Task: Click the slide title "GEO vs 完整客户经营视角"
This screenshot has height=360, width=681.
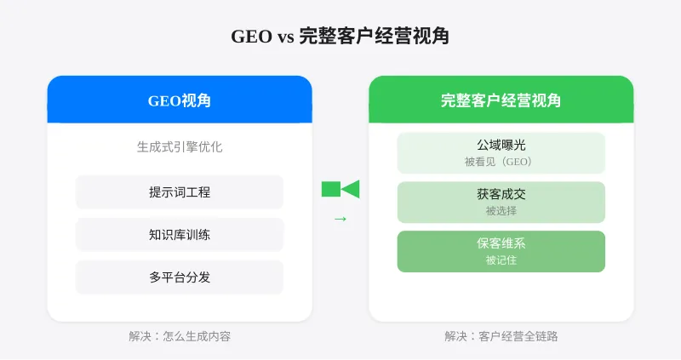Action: pyautogui.click(x=340, y=37)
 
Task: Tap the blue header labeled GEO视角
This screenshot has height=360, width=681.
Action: pyautogui.click(x=180, y=100)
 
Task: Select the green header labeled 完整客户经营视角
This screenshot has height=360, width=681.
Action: pyautogui.click(x=501, y=100)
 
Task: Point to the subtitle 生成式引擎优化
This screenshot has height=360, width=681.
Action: pyautogui.click(x=180, y=146)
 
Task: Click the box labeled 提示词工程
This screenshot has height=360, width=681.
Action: pyautogui.click(x=180, y=192)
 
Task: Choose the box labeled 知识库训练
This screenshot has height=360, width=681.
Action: pyautogui.click(x=180, y=235)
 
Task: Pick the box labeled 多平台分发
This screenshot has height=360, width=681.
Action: pyautogui.click(x=180, y=277)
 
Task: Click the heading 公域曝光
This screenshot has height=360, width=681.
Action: pyautogui.click(x=501, y=146)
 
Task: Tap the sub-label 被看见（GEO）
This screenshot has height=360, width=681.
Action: pyautogui.click(x=501, y=162)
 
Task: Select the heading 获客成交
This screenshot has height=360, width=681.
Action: pyautogui.click(x=501, y=195)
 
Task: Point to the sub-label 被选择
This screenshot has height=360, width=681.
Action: pyautogui.click(x=501, y=211)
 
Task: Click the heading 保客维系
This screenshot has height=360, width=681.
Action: pyautogui.click(x=501, y=243)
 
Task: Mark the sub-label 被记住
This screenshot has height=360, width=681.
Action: pyautogui.click(x=501, y=260)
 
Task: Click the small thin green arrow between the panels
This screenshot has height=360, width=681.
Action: pyautogui.click(x=340, y=220)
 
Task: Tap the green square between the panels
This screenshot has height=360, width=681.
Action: pyautogui.click(x=330, y=189)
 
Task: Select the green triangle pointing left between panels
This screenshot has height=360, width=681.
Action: pyautogui.click(x=351, y=189)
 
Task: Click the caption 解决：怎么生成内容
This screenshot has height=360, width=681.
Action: pyautogui.click(x=180, y=336)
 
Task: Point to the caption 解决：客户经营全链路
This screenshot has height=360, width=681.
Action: pyautogui.click(x=501, y=336)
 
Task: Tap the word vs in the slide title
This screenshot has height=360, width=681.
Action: pyautogui.click(x=285, y=37)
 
